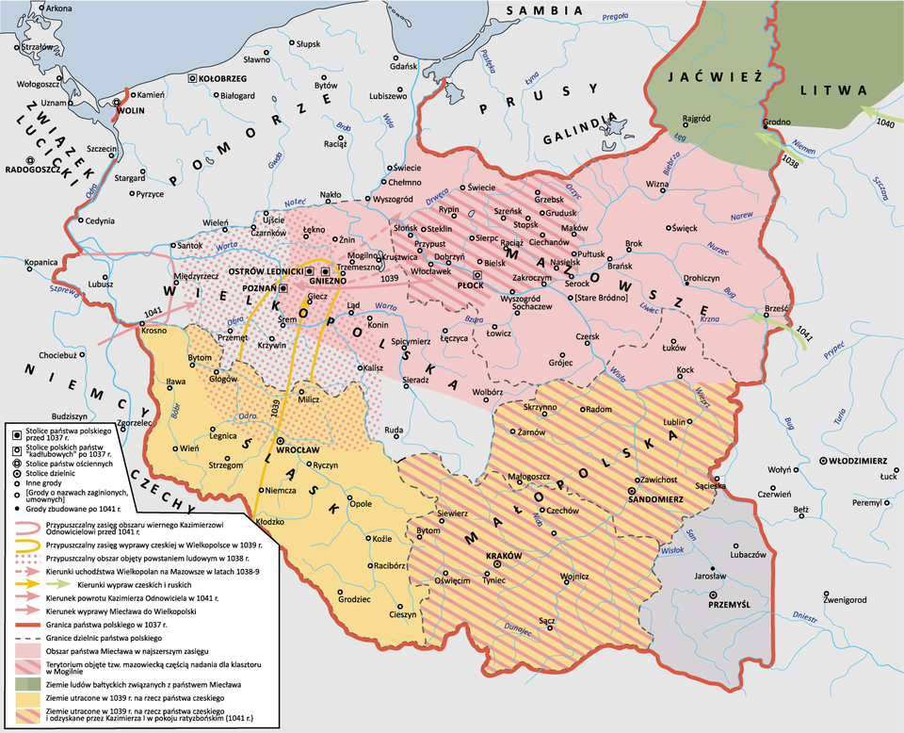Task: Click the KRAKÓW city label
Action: [x=503, y=556]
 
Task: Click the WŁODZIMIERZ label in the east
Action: [x=859, y=461]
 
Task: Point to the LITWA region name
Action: [x=832, y=91]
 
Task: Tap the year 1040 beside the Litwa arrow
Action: [x=885, y=122]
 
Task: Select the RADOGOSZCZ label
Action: [x=37, y=171]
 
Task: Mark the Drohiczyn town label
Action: [x=702, y=279]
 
